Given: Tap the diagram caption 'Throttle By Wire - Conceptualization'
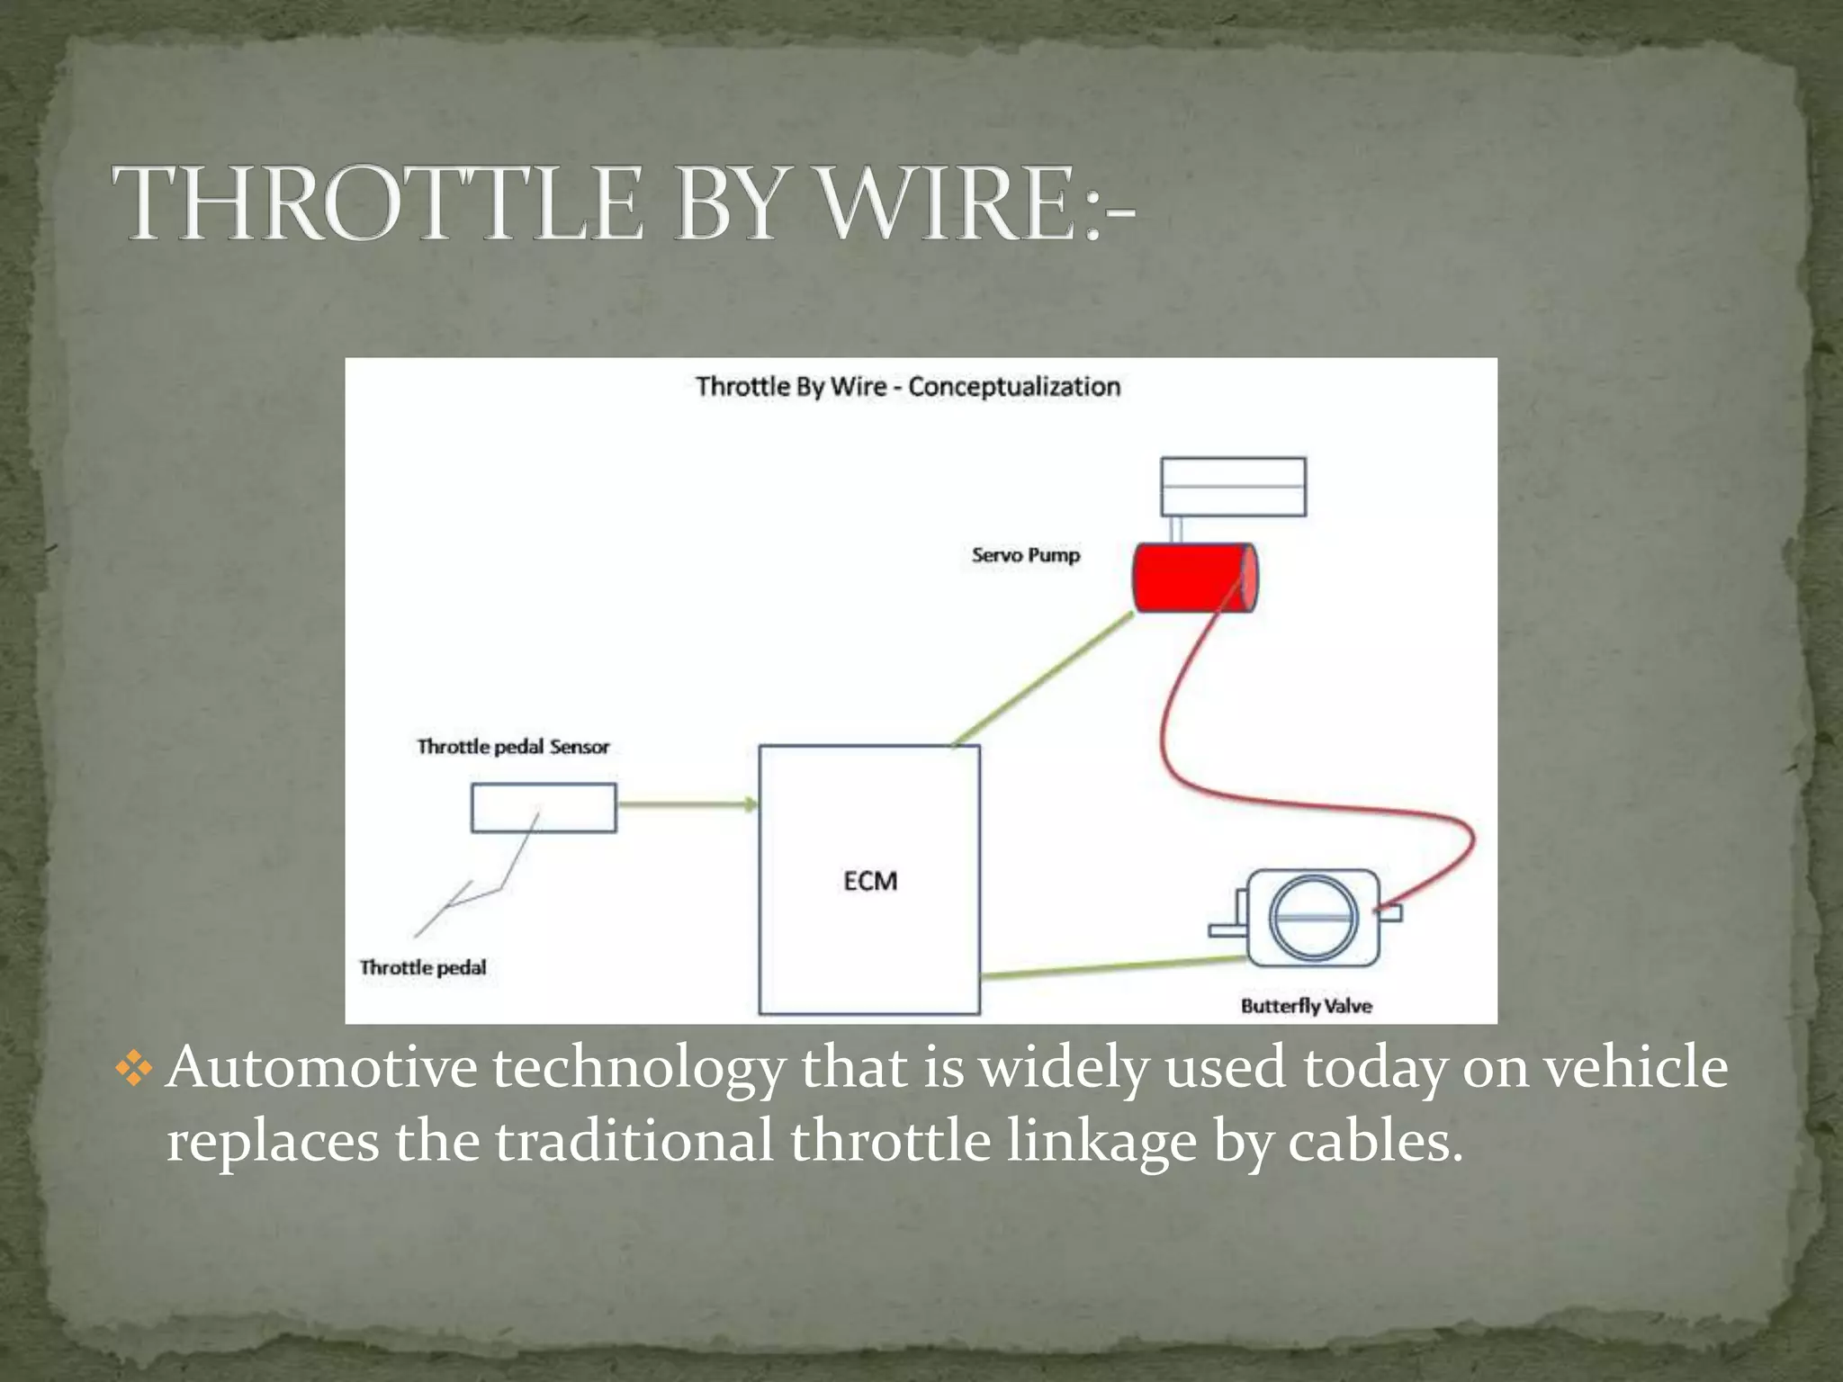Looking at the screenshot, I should pos(908,387).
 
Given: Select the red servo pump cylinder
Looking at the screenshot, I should pos(1193,579).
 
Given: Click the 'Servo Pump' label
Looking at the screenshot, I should pos(1025,555).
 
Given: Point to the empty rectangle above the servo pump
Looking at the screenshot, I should pos(1233,487).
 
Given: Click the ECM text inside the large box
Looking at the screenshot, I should pos(870,881).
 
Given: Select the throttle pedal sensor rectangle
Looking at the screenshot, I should pos(544,807).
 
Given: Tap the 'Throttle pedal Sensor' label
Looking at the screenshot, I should pos(513,747).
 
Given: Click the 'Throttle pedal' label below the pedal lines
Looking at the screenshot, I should pos(423,967).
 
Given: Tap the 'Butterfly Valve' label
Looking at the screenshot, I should pos(1306,1006).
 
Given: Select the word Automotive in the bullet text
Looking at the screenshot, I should pos(321,1069).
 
